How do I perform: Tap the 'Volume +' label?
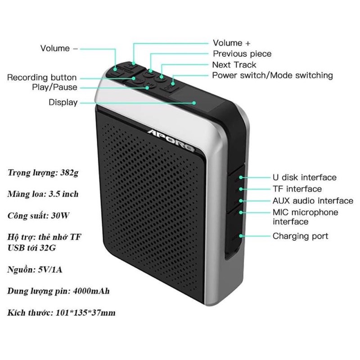tap(231, 43)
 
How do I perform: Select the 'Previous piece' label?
tap(242, 54)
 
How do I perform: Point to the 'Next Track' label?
tap(234, 65)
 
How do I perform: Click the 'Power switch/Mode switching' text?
tap(273, 75)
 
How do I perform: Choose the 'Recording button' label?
tap(42, 78)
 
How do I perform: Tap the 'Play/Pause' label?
tap(55, 87)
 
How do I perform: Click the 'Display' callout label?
tap(63, 103)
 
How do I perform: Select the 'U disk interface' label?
tap(305, 178)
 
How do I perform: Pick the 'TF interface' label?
tap(297, 189)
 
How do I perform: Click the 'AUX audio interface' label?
tap(313, 201)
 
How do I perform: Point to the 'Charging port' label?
tap(301, 236)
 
